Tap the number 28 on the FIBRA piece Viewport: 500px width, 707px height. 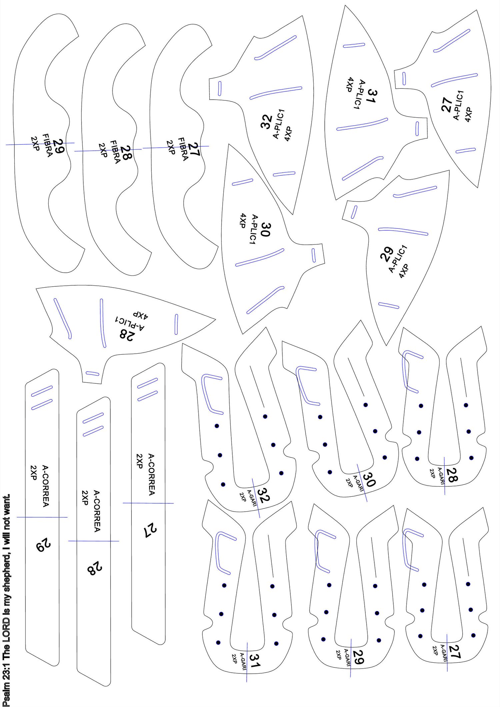[126, 153]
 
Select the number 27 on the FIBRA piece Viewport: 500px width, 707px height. [194, 150]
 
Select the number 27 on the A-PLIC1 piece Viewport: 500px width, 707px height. [447, 104]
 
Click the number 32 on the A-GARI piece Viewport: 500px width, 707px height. [263, 495]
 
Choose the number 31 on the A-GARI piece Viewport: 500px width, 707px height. [255, 661]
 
